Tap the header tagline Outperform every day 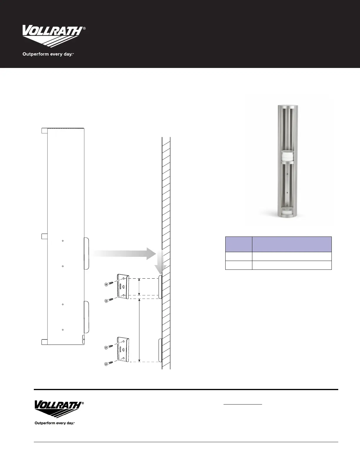pos(48,54)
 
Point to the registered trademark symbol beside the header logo pos(84,28)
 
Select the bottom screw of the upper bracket pos(109,300)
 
